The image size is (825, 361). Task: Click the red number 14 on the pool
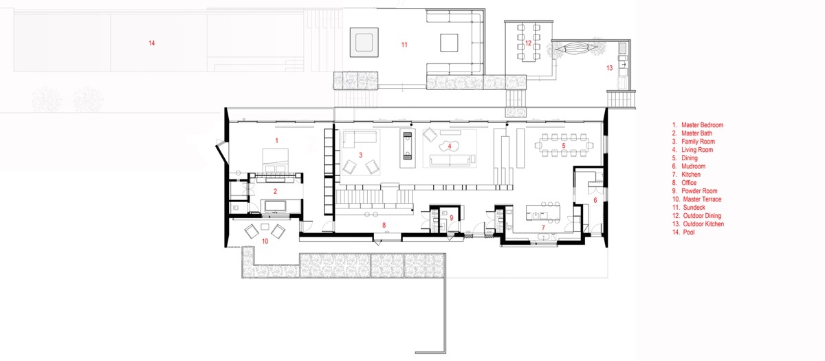[x=152, y=43]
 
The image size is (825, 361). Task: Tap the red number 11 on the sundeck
[x=404, y=45]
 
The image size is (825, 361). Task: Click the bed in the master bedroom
[x=275, y=161]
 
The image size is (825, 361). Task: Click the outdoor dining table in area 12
[x=529, y=43]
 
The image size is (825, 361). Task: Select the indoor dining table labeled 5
[x=564, y=146]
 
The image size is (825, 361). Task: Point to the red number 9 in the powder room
[x=452, y=218]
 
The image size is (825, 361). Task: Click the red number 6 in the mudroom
[x=595, y=200]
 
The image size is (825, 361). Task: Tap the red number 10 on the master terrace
[x=265, y=241]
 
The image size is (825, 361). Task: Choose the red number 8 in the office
[x=384, y=225]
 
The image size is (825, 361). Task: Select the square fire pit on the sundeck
[x=364, y=43]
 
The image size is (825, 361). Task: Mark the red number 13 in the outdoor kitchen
[x=610, y=68]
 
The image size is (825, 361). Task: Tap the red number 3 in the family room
[x=360, y=155]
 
